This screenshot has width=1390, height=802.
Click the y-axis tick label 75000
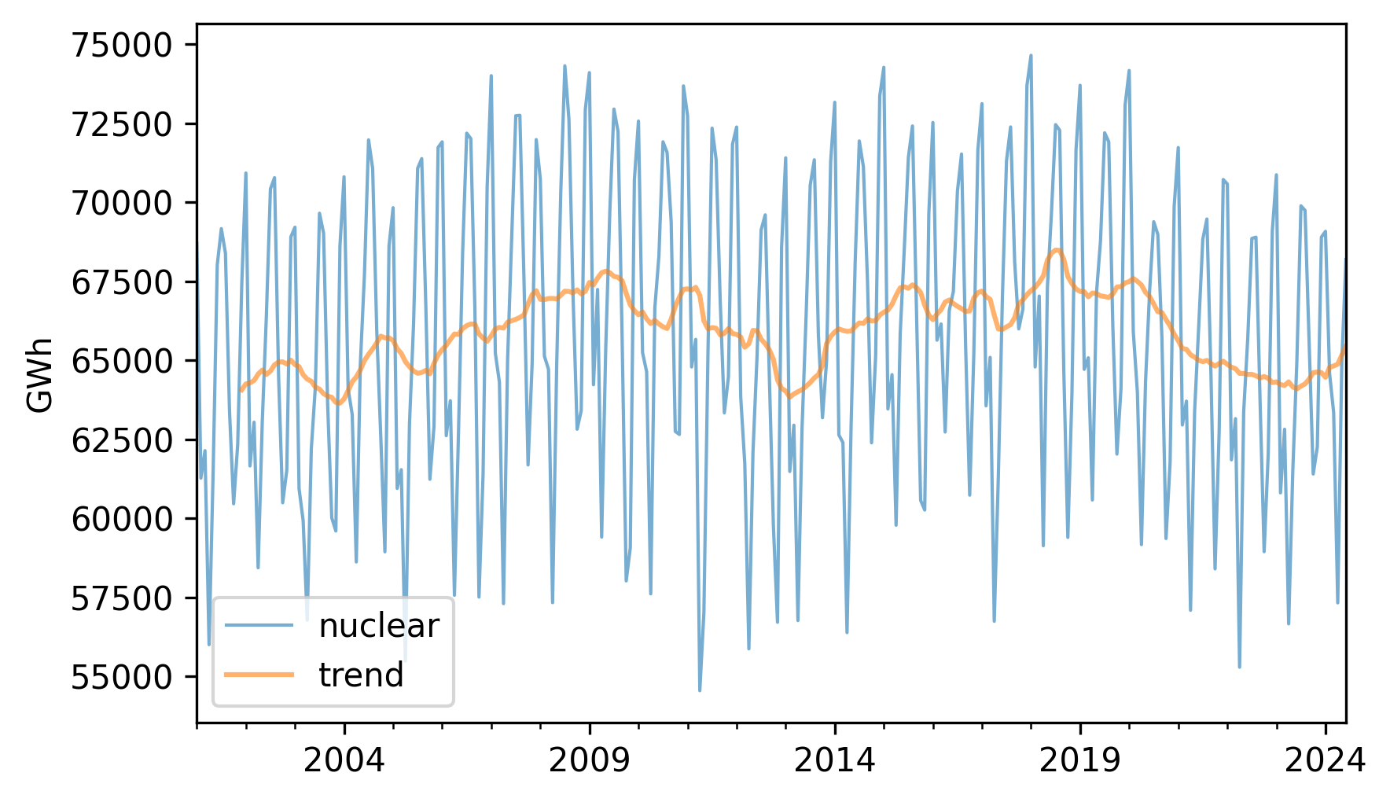click(x=121, y=46)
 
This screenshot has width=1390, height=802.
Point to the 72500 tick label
click(x=121, y=124)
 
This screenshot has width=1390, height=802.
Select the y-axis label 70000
click(x=121, y=203)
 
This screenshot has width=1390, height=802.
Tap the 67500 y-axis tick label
click(x=121, y=282)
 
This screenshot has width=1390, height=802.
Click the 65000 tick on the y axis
click(x=121, y=361)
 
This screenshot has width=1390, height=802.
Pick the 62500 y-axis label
click(x=121, y=440)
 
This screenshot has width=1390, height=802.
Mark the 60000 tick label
click(x=121, y=519)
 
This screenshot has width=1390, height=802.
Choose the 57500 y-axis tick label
click(x=121, y=598)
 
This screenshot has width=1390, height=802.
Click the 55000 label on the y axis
click(x=121, y=677)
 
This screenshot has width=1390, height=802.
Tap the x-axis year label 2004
click(x=344, y=760)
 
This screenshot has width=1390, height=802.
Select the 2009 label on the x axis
click(x=589, y=760)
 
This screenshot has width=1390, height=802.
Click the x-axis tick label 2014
click(x=834, y=760)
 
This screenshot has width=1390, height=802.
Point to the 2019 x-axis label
click(x=1079, y=760)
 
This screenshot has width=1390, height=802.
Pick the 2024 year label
click(x=1325, y=760)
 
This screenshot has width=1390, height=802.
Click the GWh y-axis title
click(x=40, y=374)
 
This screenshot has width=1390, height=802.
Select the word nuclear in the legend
click(x=378, y=626)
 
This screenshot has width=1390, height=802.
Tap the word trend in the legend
click(x=361, y=675)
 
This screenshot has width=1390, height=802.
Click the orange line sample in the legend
click(x=259, y=675)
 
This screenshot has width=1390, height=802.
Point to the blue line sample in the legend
click(x=259, y=626)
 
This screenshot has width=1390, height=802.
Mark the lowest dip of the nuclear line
click(x=700, y=690)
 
